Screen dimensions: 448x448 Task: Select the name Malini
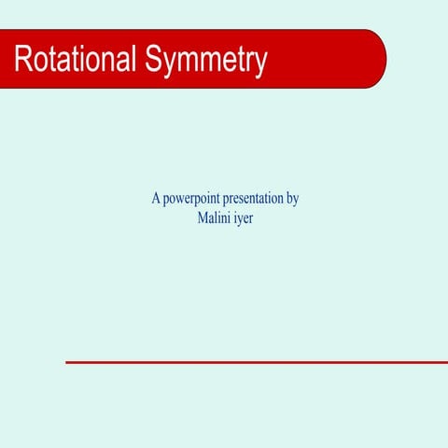click(217, 218)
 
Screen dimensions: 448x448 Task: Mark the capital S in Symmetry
click(154, 60)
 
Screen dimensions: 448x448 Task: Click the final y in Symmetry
click(260, 63)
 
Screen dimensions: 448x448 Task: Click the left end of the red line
click(67, 362)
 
